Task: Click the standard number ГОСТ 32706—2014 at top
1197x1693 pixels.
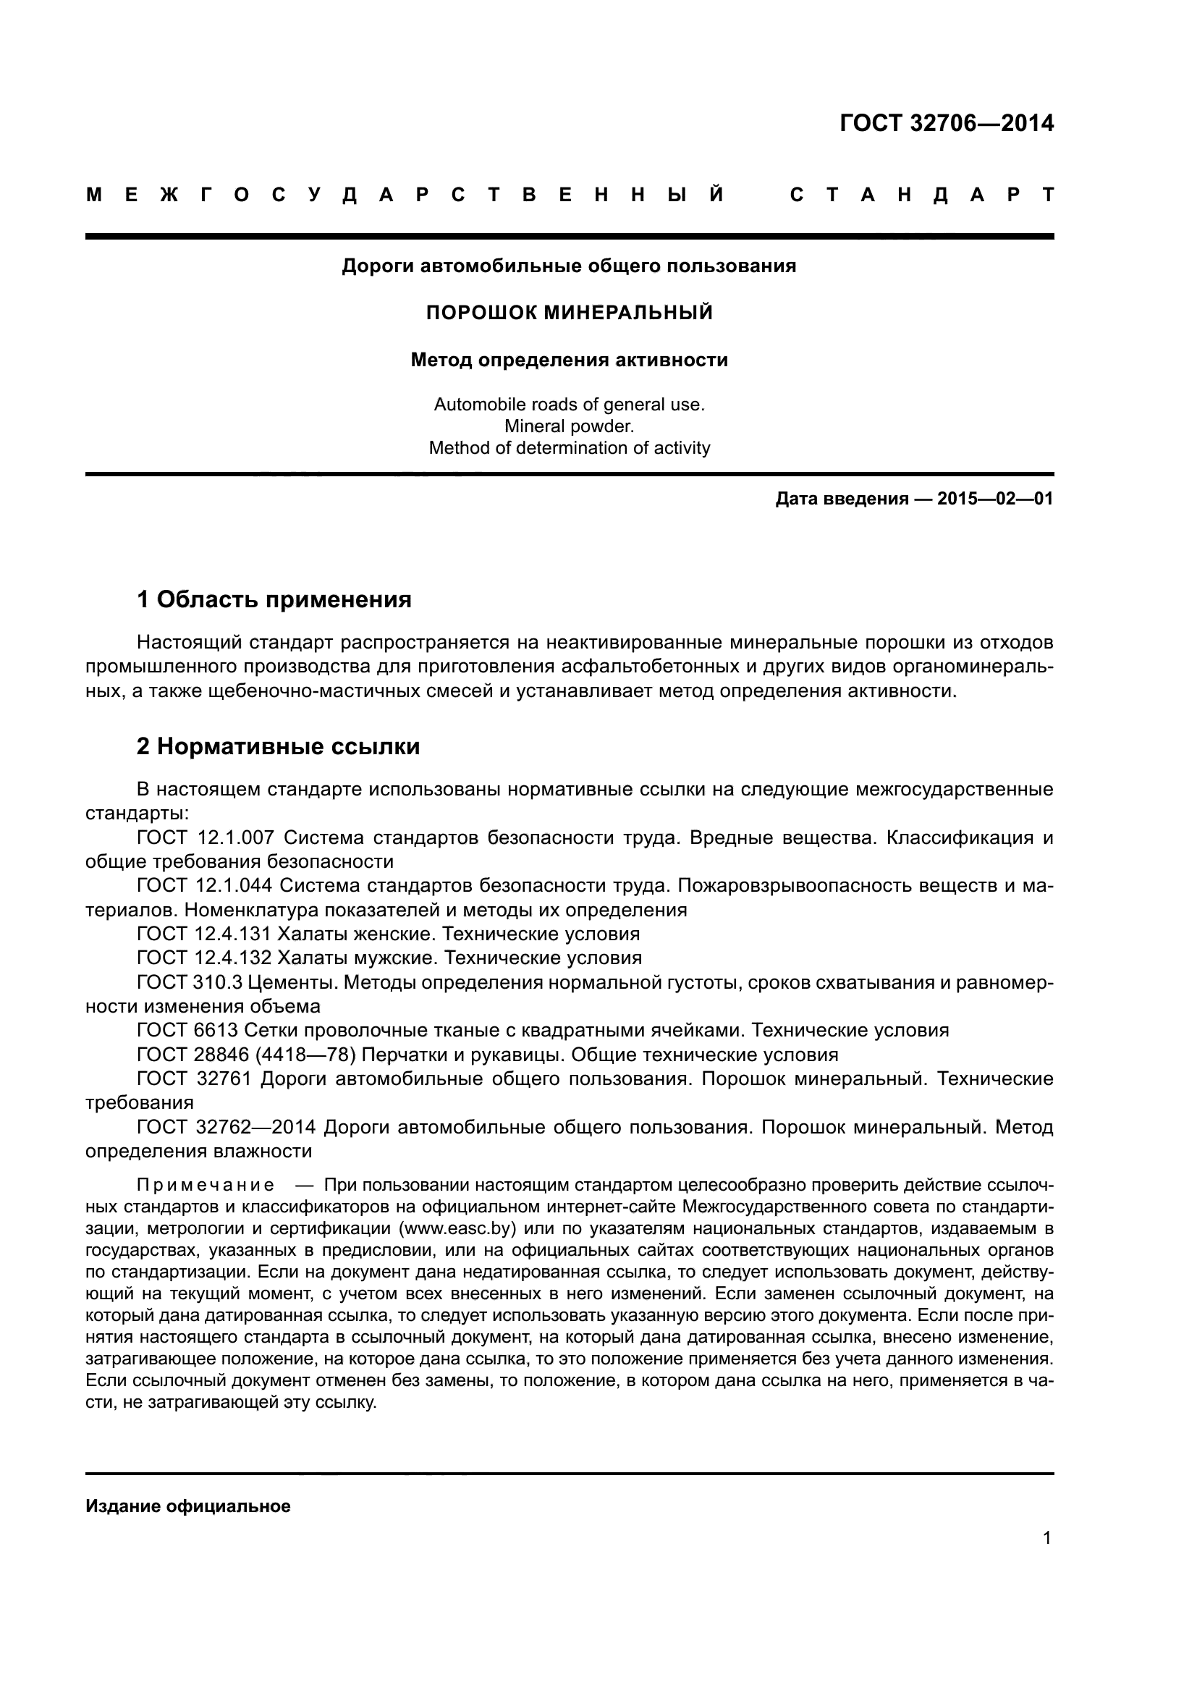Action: click(x=947, y=123)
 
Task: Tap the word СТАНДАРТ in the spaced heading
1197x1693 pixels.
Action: click(x=921, y=195)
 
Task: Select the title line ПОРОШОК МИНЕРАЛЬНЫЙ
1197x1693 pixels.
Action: click(x=570, y=313)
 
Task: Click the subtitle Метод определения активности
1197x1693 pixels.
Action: click(x=570, y=360)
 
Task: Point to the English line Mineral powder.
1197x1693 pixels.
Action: click(x=569, y=426)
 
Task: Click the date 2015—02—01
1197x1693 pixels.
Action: click(x=995, y=499)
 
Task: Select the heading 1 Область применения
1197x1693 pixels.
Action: click(x=274, y=599)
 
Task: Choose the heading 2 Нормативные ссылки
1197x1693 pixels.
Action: click(x=279, y=746)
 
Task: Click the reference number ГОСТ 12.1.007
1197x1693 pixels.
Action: click(x=206, y=837)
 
